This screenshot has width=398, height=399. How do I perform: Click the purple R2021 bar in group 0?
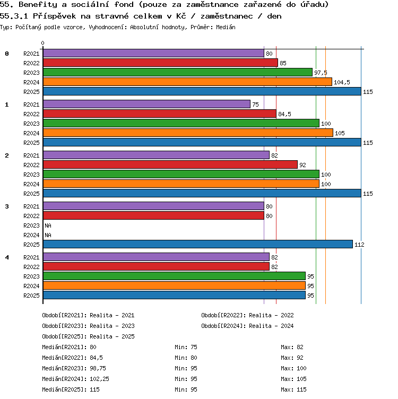tap(153, 53)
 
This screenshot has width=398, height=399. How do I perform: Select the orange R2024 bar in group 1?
tap(188, 133)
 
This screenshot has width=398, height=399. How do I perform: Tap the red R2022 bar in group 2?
tap(170, 164)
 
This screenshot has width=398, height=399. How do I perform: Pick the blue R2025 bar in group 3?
tap(198, 244)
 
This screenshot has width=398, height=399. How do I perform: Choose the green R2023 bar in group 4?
tap(174, 276)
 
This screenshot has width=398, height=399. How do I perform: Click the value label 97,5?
tap(321, 73)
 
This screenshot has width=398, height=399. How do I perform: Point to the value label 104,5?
tap(342, 82)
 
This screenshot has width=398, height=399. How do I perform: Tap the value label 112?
tap(359, 245)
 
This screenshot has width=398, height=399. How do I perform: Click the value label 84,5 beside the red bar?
tap(284, 114)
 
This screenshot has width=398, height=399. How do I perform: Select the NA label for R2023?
tap(48, 225)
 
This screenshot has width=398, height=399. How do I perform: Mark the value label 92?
tap(302, 165)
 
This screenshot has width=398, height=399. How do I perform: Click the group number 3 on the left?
tap(7, 206)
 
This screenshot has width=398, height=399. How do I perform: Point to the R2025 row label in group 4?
tap(31, 296)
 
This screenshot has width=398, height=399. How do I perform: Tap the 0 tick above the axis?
tap(43, 43)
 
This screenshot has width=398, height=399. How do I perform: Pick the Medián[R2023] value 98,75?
tap(98, 368)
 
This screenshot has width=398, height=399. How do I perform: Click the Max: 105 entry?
tap(293, 379)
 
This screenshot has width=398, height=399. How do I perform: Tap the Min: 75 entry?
tap(186, 347)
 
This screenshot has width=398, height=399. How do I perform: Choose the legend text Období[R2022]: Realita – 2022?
tap(247, 315)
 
